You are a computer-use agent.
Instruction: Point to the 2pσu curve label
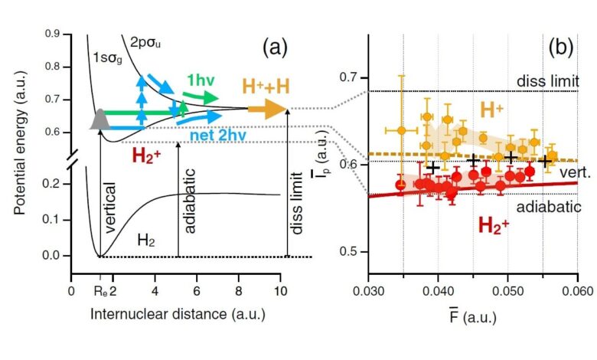[x=147, y=41]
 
